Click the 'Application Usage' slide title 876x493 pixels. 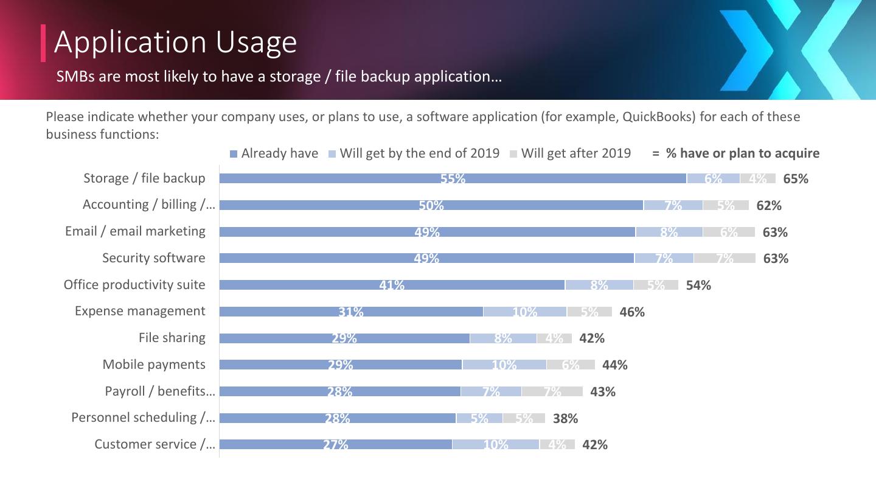pyautogui.click(x=175, y=42)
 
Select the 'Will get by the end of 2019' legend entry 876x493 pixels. pyautogui.click(x=414, y=153)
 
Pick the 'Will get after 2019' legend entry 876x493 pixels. pyautogui.click(x=570, y=153)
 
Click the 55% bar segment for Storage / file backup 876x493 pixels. pyautogui.click(x=453, y=178)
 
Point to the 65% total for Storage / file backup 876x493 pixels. pyautogui.click(x=796, y=179)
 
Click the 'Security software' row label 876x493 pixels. pyautogui.click(x=153, y=258)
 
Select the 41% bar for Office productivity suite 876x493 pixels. pyautogui.click(x=392, y=285)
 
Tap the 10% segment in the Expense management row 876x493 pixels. pyautogui.click(x=524, y=312)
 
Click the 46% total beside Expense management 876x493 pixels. pyautogui.click(x=632, y=312)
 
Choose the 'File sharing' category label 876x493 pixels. pyautogui.click(x=172, y=338)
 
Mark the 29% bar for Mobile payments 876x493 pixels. pyautogui.click(x=341, y=365)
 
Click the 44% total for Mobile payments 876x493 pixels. pyautogui.click(x=614, y=365)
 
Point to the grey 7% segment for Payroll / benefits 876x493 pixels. pyautogui.click(x=552, y=391)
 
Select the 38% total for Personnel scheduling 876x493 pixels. pyautogui.click(x=565, y=418)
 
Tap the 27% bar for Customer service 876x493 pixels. pyautogui.click(x=335, y=444)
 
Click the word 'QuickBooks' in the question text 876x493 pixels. pyautogui.click(x=658, y=117)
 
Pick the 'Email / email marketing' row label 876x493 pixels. pyautogui.click(x=135, y=231)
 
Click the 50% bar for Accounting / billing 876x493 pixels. pyautogui.click(x=431, y=205)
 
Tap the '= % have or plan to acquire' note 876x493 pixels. pyautogui.click(x=736, y=153)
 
